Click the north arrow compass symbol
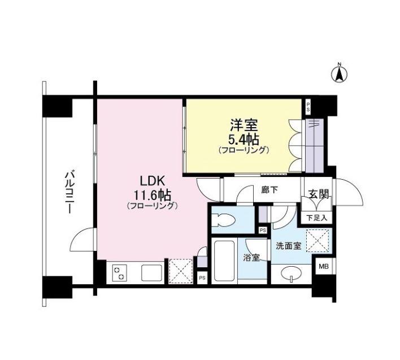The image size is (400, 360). click(340, 74)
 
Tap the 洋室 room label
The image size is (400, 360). click(244, 125)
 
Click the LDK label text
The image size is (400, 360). click(152, 181)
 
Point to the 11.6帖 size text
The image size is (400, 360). click(153, 196)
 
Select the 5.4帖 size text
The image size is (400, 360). click(245, 140)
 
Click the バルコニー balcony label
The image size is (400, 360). click(69, 193)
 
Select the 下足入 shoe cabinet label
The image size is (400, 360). click(316, 218)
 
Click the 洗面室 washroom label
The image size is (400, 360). click(289, 246)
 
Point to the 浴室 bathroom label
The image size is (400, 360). click(251, 258)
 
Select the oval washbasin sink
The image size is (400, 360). click(291, 274)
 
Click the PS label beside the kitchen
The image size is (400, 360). click(202, 278)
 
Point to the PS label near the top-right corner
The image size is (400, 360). click(308, 107)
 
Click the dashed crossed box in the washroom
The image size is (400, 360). click(318, 241)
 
